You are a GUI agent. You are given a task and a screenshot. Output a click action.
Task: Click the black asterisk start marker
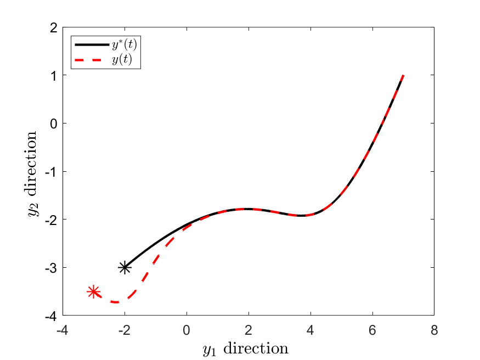tap(125, 268)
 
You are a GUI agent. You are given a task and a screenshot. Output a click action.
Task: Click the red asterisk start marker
tap(94, 292)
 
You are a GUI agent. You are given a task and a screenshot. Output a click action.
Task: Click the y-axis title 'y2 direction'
tap(32, 175)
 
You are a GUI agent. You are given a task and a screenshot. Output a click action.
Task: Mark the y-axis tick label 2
tap(54, 27)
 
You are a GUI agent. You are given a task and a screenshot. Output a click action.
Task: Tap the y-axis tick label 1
tap(54, 75)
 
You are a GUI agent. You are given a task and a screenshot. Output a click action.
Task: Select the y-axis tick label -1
tap(52, 171)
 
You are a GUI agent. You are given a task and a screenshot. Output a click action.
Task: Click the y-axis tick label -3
tap(52, 268)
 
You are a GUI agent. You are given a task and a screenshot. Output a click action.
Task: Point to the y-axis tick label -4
tap(52, 316)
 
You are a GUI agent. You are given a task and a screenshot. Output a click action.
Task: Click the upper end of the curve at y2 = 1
tap(403, 76)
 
